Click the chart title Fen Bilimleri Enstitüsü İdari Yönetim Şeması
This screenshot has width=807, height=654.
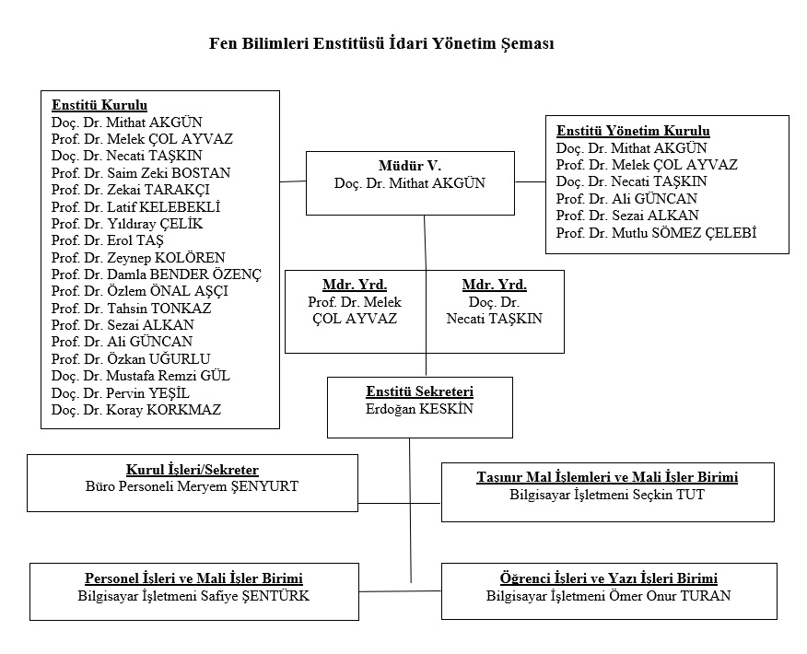381,43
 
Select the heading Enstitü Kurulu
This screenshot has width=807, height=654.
99,105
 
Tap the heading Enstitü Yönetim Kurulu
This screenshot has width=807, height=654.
633,131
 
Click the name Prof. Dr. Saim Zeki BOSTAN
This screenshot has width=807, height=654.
141,173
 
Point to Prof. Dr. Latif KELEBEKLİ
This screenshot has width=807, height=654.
135,207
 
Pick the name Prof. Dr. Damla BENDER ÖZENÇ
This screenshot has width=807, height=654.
157,274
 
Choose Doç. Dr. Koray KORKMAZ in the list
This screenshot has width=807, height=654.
136,410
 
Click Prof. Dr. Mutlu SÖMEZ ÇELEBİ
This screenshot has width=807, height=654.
656,233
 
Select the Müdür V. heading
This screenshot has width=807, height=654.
410,166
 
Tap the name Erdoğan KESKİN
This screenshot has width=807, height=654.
419,409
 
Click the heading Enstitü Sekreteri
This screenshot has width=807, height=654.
419,391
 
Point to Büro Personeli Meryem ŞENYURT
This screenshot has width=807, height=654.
192,486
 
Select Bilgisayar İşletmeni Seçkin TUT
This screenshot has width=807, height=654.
607,495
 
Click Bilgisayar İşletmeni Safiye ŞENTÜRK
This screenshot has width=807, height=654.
193,596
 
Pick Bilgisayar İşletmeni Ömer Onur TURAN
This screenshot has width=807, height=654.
608,596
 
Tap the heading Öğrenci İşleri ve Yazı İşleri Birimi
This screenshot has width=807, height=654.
608,578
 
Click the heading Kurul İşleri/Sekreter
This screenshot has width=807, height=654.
192,470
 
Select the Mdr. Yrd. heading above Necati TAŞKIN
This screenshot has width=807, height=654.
494,285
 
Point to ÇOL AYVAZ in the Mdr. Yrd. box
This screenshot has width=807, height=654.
355,319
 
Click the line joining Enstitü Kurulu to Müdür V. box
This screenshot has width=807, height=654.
293,181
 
